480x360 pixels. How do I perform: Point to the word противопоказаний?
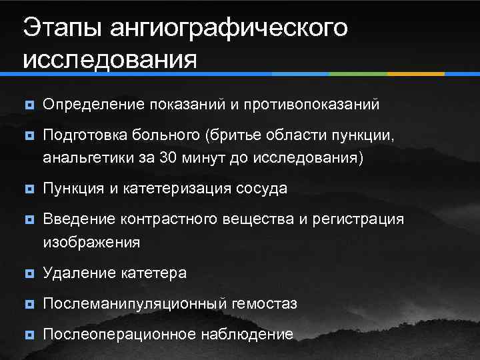click(x=313, y=105)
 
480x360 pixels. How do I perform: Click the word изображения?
click(x=91, y=242)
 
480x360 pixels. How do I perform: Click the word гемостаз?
click(x=265, y=304)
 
